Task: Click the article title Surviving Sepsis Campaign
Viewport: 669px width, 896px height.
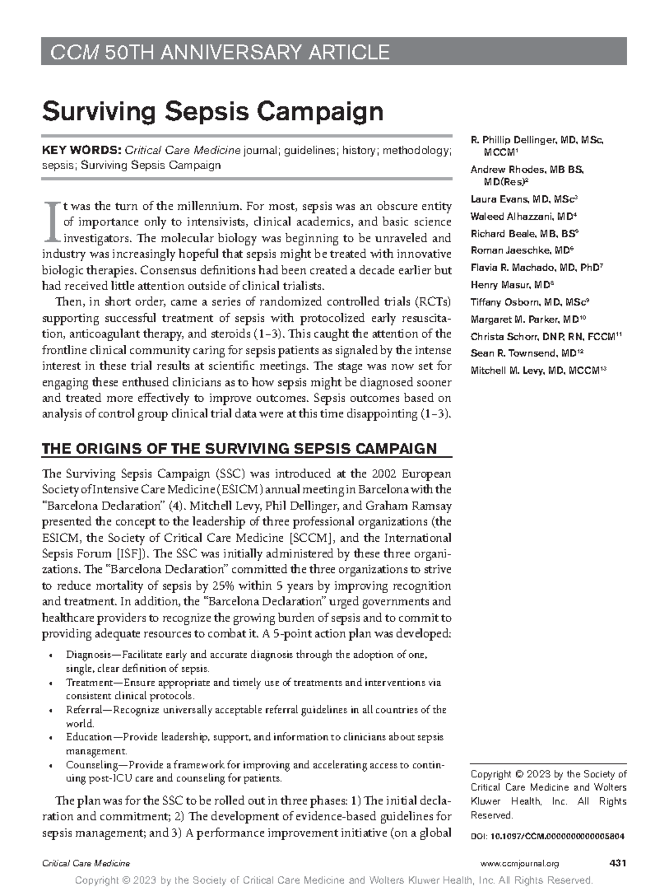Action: [x=213, y=112]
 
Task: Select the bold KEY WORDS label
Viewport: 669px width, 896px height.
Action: [x=81, y=150]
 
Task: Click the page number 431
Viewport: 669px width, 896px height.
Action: [x=618, y=864]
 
